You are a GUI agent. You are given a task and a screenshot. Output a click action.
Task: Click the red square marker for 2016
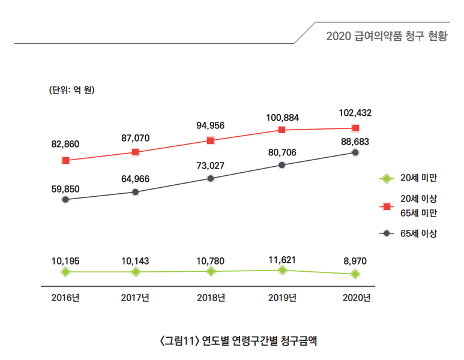65,161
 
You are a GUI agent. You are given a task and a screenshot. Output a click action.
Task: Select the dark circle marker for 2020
355,152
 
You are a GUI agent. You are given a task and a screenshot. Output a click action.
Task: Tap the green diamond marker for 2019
282,271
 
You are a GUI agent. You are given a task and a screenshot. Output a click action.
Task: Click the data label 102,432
355,113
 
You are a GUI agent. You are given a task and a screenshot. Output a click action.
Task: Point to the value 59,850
65,189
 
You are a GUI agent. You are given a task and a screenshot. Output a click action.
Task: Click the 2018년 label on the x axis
211,298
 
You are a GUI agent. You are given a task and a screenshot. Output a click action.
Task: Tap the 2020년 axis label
356,298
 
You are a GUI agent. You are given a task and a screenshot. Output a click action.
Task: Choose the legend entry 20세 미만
419,178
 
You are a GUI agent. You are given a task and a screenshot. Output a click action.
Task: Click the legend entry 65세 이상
419,233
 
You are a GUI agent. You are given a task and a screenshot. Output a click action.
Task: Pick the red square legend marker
387,206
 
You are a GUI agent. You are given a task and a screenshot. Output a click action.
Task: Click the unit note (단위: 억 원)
73,91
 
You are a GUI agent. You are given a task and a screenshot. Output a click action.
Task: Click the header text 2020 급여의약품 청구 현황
387,36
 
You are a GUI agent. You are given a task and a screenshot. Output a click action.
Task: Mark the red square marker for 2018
210,141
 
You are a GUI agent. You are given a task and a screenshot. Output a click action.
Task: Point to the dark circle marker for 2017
135,192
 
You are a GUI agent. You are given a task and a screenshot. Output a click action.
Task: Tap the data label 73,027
210,166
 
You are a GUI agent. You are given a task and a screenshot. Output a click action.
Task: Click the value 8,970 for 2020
355,262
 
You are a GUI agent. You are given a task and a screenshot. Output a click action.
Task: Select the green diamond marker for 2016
65,272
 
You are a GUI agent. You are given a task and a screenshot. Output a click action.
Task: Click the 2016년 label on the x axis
65,298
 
